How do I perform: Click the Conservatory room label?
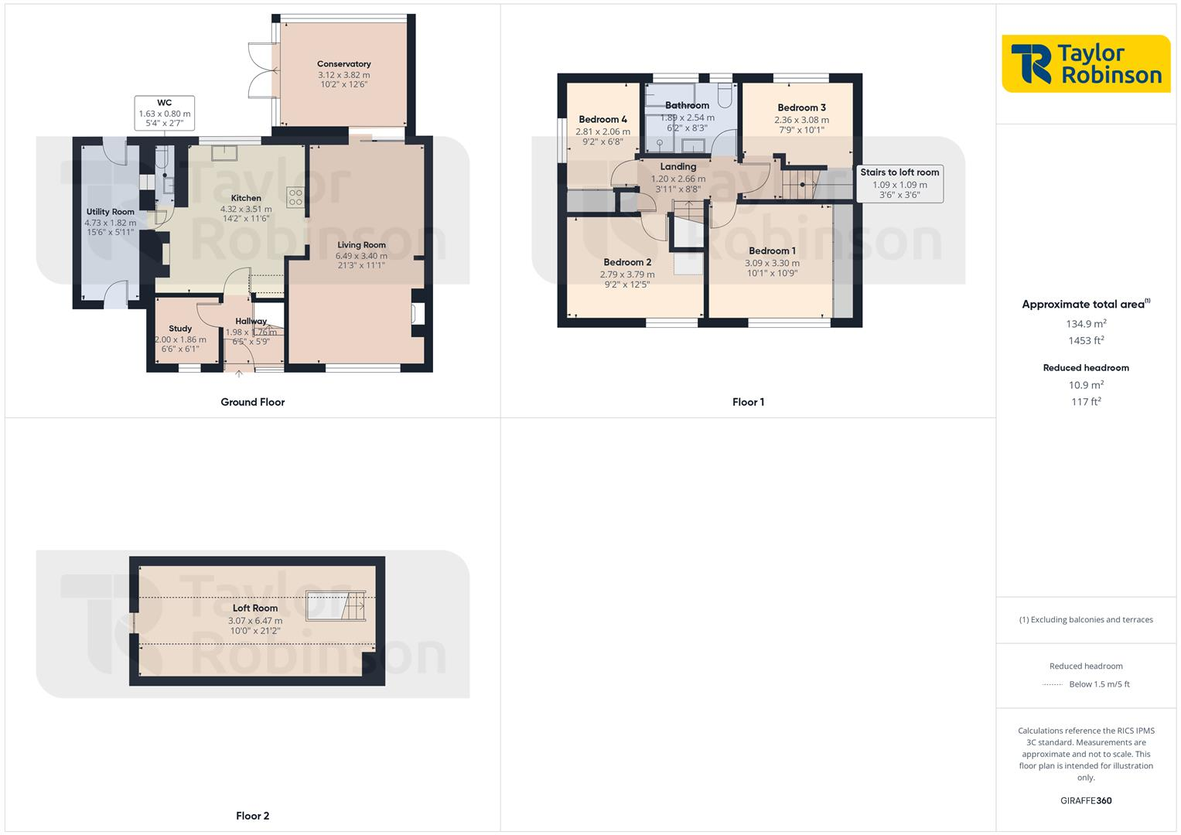[343, 64]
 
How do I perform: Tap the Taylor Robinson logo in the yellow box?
[1086, 63]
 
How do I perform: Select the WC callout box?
[164, 113]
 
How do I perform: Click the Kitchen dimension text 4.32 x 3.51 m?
[246, 209]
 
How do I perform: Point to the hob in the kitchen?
[295, 197]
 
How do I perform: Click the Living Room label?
[361, 245]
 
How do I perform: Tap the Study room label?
[180, 329]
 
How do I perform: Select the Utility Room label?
[110, 212]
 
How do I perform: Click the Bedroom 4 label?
[602, 119]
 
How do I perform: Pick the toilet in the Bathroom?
[725, 95]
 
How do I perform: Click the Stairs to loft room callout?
[899, 184]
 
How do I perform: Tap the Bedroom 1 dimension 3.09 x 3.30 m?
[772, 263]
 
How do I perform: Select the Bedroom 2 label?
[627, 262]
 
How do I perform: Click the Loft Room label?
[255, 608]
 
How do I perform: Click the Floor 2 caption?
[253, 816]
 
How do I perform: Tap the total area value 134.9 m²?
[1086, 324]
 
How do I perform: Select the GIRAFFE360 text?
[1086, 801]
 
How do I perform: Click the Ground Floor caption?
[253, 402]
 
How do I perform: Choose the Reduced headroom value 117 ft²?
[1086, 402]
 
